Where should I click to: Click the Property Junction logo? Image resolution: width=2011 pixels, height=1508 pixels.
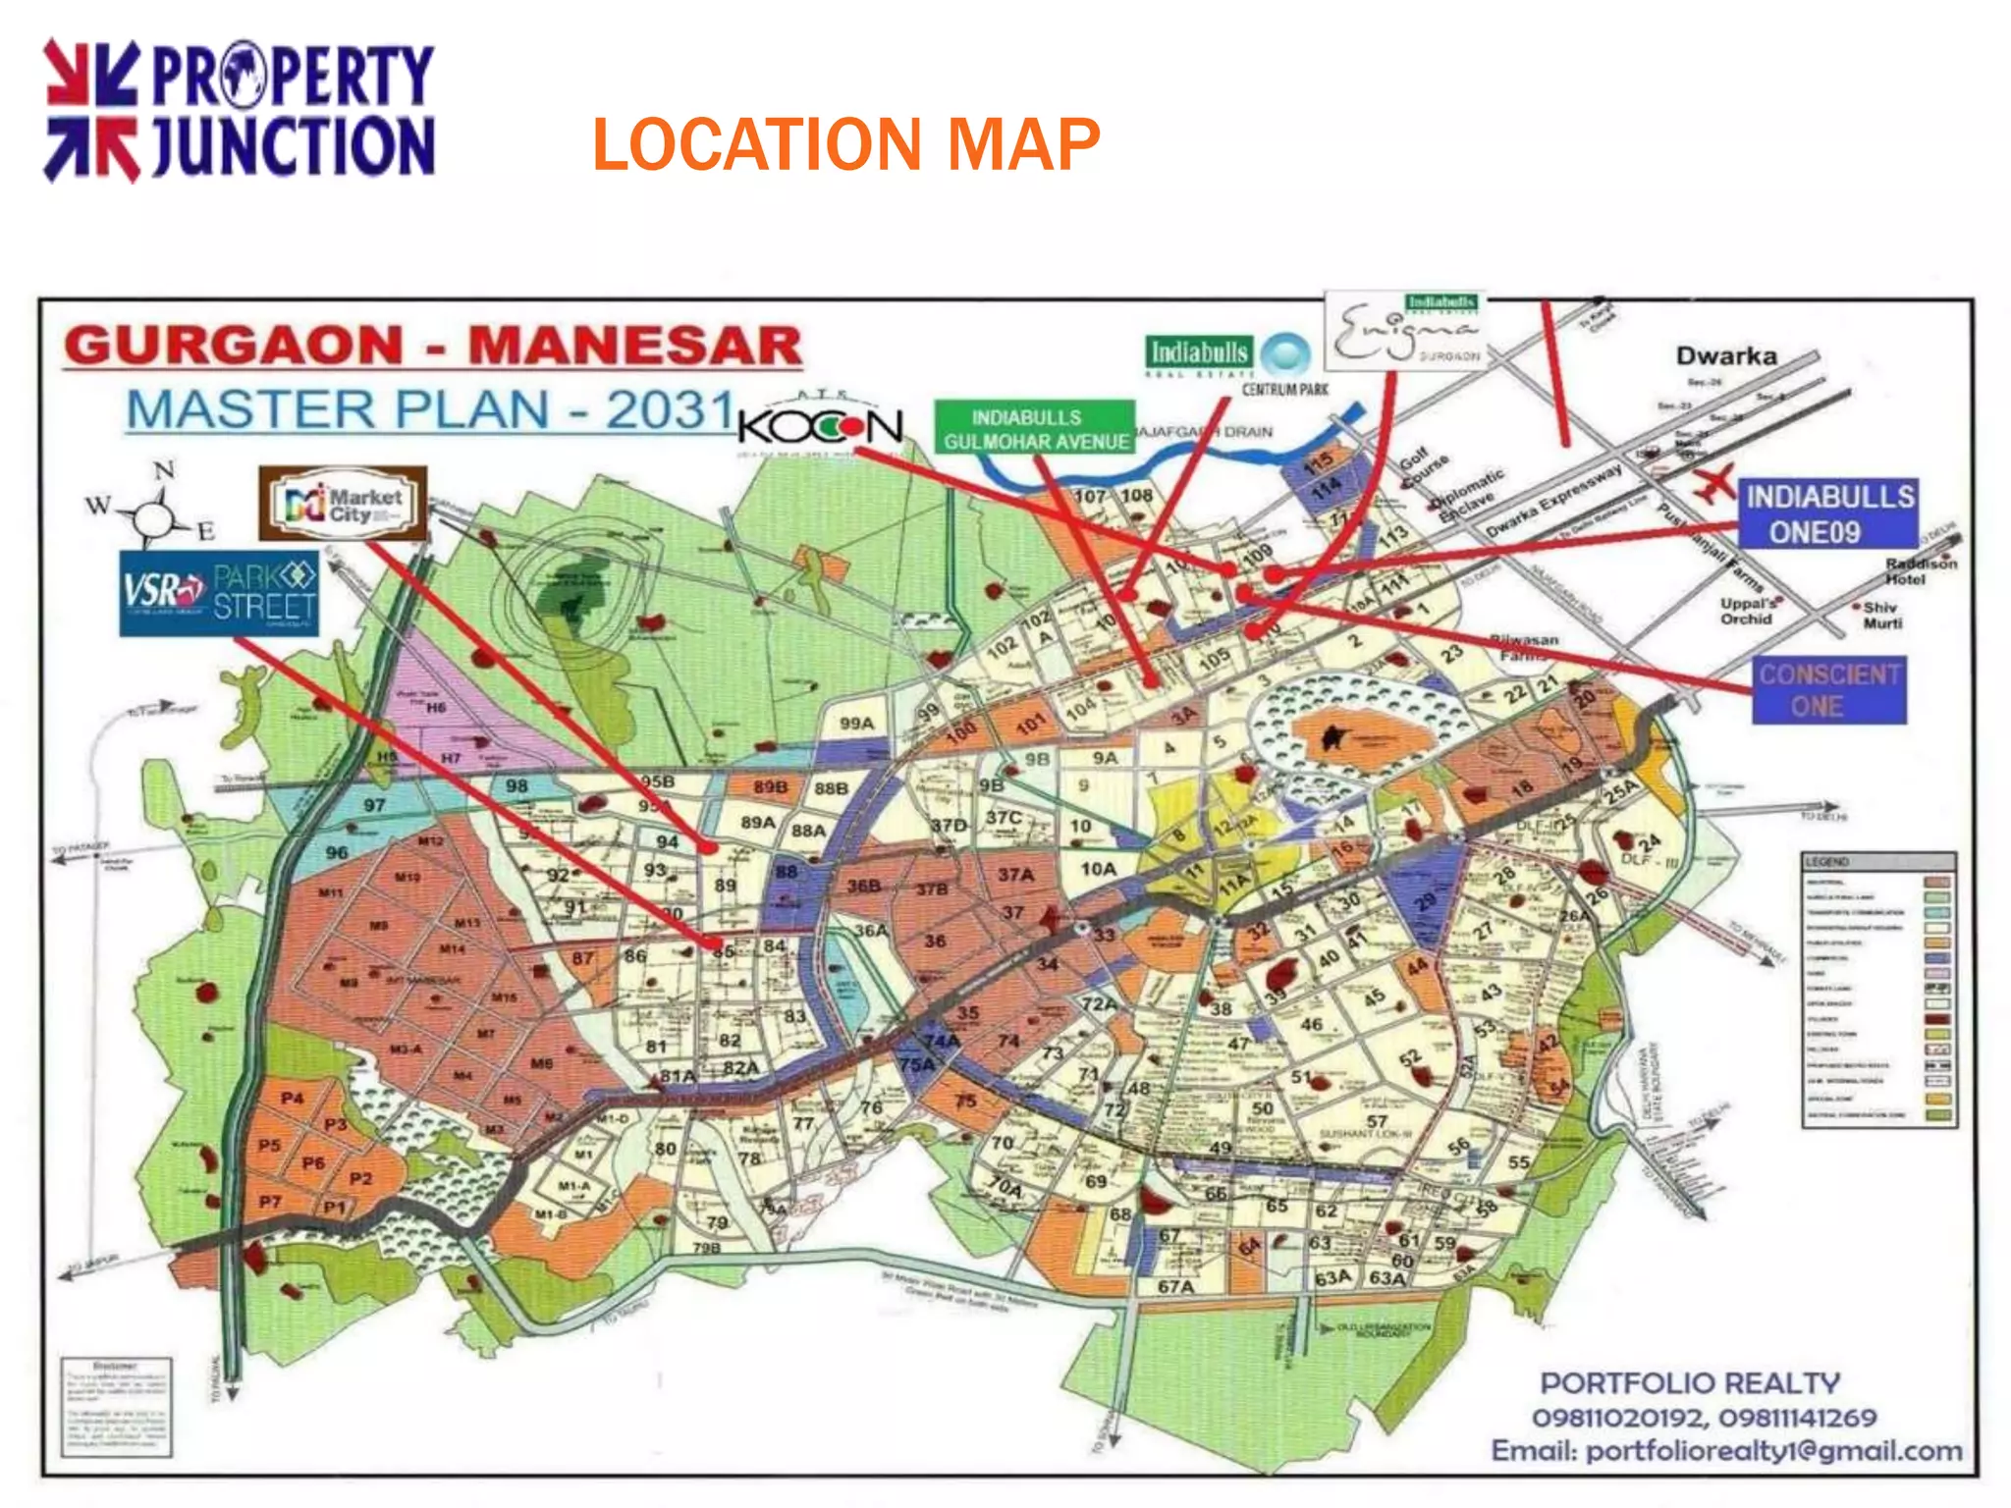click(x=239, y=110)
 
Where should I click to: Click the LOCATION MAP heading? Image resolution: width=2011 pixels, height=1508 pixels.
click(x=845, y=145)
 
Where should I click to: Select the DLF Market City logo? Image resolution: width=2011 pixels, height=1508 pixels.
click(x=343, y=504)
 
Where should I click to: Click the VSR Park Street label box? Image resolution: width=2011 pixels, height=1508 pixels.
click(x=219, y=593)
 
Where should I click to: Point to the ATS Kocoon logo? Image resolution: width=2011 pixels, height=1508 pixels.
click(x=820, y=425)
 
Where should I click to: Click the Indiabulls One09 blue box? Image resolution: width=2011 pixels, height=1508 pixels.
click(x=1828, y=514)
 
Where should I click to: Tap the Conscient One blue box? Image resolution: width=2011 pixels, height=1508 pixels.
click(x=1829, y=690)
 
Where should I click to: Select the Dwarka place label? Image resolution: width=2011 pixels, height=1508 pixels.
click(x=1726, y=356)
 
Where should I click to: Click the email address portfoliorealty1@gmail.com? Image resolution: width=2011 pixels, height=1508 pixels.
click(x=1726, y=1451)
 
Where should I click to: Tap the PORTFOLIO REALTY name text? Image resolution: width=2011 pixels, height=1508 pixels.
click(x=1690, y=1383)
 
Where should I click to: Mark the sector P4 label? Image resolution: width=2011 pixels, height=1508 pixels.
click(x=292, y=1098)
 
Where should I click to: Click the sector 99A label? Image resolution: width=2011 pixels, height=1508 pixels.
click(x=856, y=724)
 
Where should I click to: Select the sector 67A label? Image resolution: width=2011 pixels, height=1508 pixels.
click(x=1175, y=1286)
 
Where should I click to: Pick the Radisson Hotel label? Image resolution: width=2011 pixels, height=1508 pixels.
click(x=1920, y=571)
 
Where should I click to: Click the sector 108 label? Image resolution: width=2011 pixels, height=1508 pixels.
click(x=1136, y=495)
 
